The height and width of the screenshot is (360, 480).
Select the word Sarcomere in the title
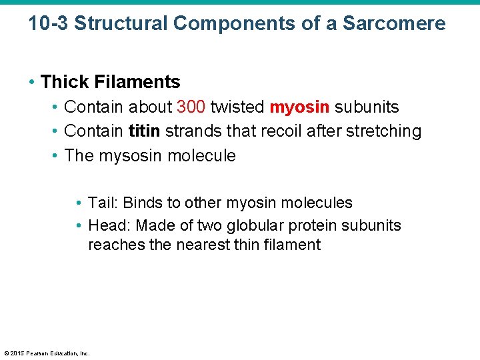394,24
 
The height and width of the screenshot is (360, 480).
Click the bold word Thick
65,82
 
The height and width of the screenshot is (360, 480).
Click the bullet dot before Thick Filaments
32,83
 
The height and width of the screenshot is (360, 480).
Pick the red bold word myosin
299,107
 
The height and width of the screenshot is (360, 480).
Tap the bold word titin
144,131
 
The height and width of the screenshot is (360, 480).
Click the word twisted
237,107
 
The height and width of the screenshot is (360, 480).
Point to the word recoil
280,131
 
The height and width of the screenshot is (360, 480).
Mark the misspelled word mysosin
131,156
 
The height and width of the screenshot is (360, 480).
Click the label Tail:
103,203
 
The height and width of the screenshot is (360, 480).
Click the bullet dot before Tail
79,203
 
